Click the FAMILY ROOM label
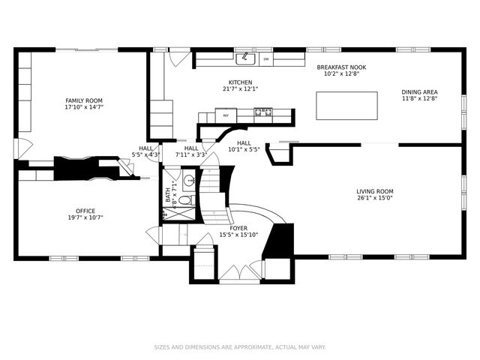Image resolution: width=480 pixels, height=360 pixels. coord(83,100)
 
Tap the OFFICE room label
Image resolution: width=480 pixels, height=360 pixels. coord(85,211)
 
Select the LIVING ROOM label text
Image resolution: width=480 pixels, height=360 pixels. coord(375,191)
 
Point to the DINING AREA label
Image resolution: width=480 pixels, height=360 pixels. coord(419,92)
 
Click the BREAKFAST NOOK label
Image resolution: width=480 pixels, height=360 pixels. coord(340,67)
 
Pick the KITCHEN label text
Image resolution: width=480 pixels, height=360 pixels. coord(240,82)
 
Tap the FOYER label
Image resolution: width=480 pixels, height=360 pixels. coord(238,228)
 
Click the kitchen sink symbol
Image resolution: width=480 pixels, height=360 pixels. coord(245,58)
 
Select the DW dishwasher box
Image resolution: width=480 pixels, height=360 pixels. coord(265,59)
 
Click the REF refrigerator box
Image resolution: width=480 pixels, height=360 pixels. coord(226,115)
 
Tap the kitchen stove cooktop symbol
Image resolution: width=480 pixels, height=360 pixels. coord(263,114)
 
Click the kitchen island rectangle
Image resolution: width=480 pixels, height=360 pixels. coord(346,106)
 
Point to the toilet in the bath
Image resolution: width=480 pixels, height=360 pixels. coord(189,199)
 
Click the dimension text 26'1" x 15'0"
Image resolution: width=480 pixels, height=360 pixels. coord(375,198)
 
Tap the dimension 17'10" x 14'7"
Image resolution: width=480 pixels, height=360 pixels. coord(83,107)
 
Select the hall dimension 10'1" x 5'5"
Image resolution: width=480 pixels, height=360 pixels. coord(244,149)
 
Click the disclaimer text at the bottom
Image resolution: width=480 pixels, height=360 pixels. coord(240,347)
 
